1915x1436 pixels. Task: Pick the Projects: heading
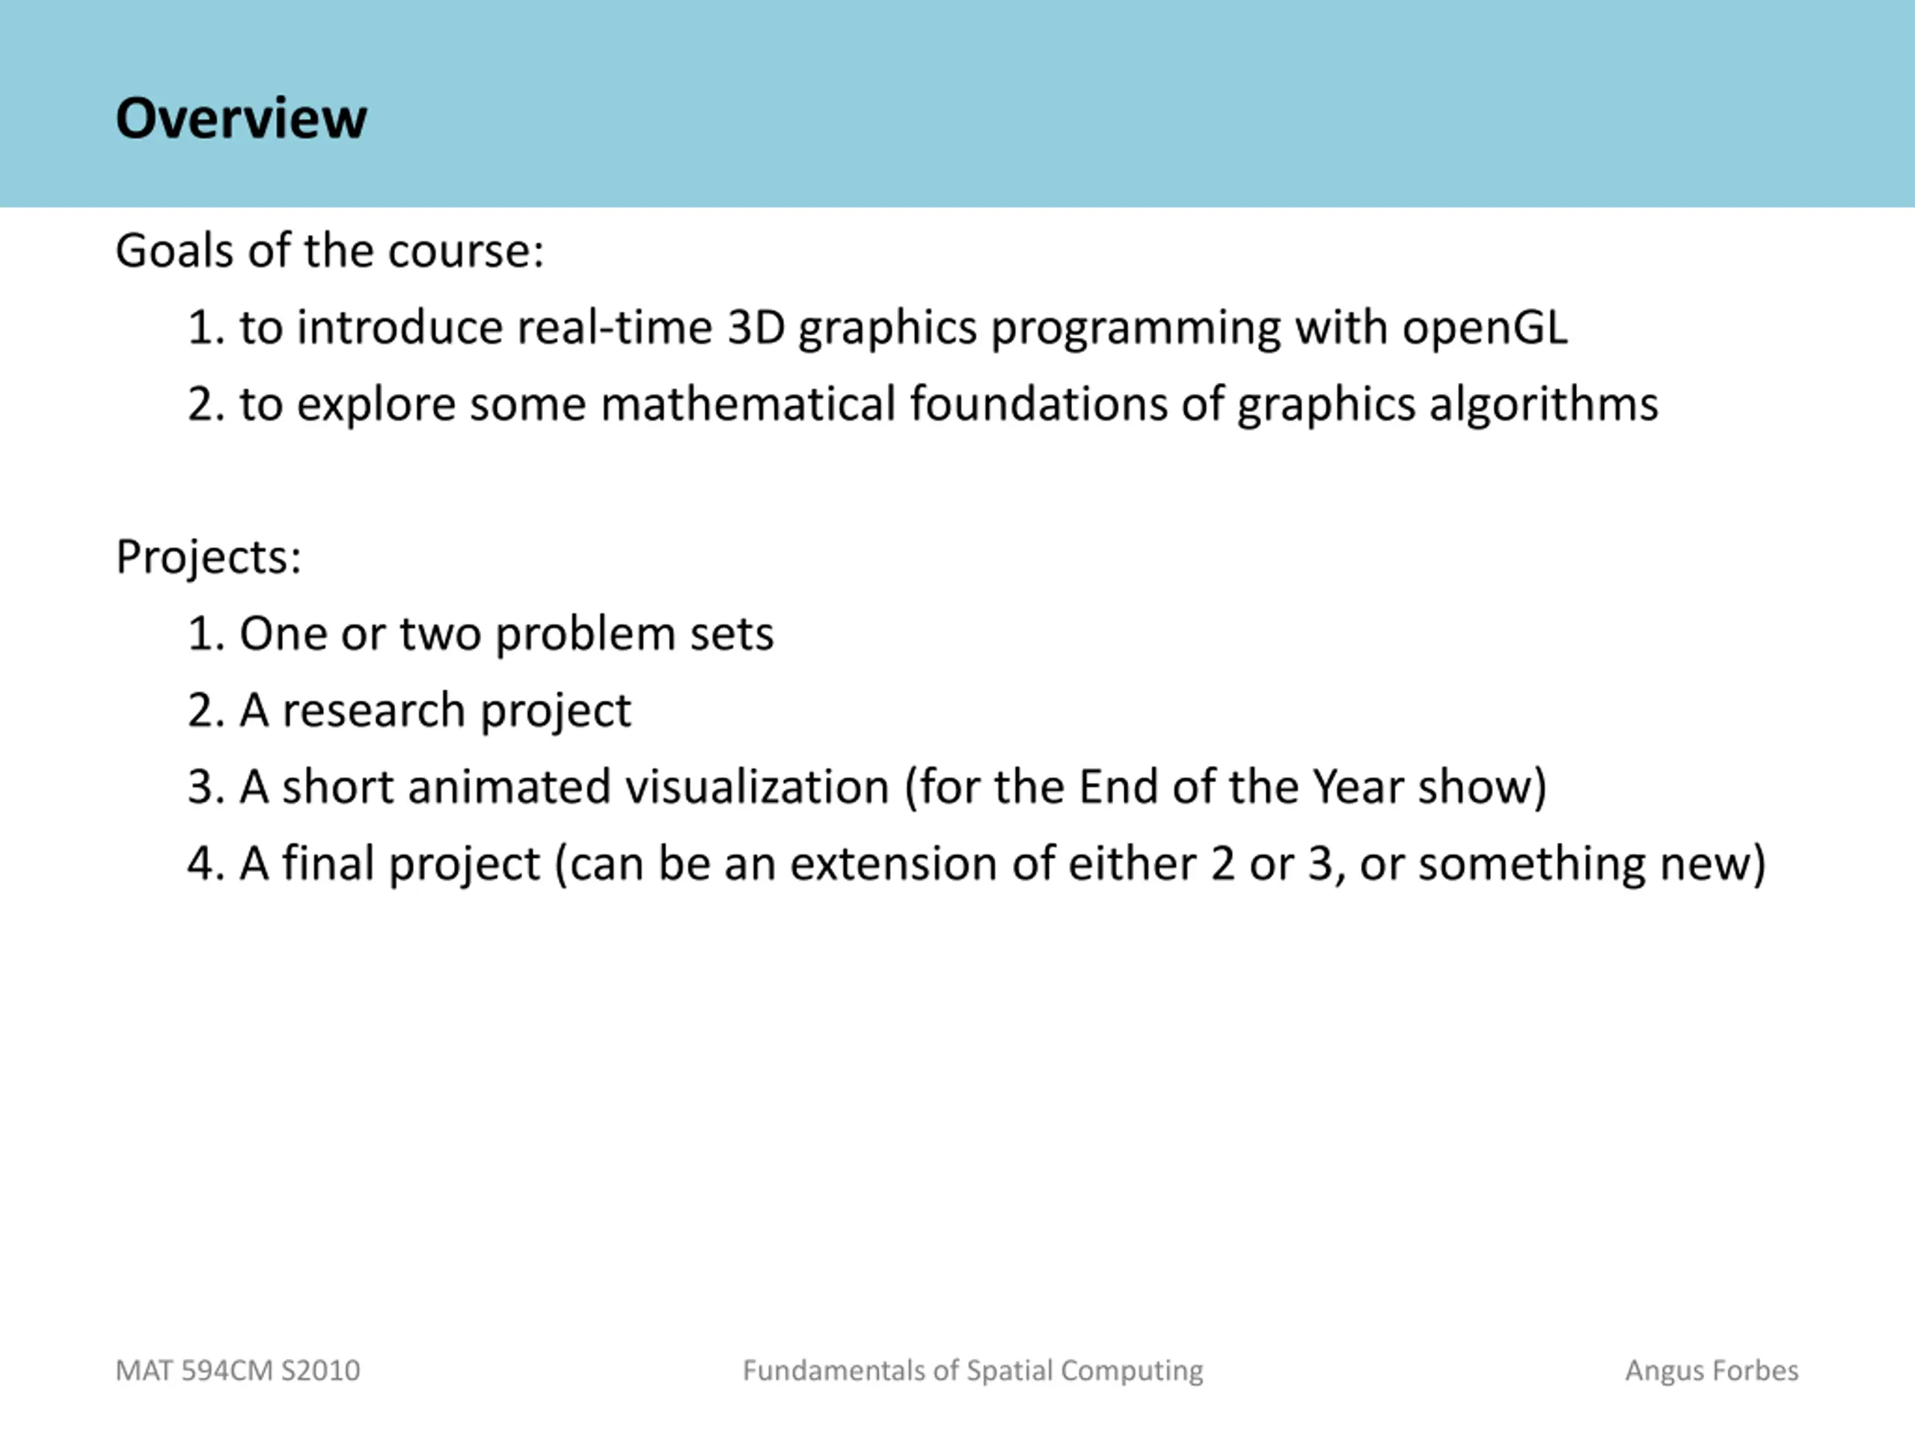click(x=209, y=556)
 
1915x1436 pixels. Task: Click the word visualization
click(x=758, y=787)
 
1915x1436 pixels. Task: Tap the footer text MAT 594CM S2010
click(x=238, y=1371)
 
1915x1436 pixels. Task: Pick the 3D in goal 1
click(x=756, y=327)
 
